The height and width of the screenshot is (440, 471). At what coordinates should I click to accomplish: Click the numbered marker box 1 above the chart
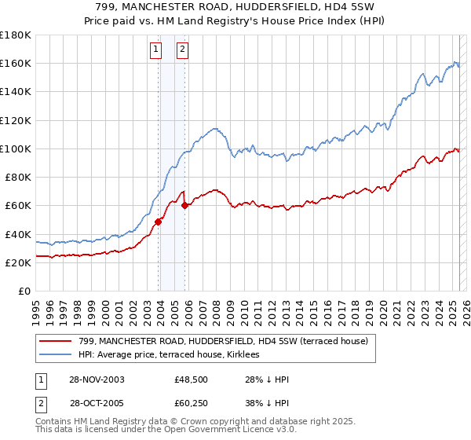pos(155,49)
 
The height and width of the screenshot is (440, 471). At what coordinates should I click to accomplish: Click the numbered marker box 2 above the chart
pos(182,49)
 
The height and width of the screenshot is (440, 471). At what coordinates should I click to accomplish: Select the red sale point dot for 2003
pos(158,222)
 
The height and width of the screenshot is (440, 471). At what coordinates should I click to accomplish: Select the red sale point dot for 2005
pos(184,206)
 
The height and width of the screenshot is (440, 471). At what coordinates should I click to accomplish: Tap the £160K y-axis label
pos(16,63)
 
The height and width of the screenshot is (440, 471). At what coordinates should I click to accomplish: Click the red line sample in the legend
pos(55,340)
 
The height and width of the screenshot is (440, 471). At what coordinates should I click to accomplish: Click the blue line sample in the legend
pos(55,354)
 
